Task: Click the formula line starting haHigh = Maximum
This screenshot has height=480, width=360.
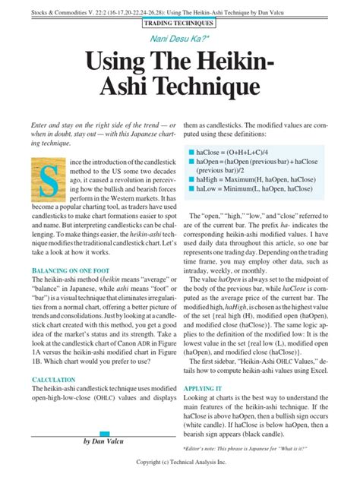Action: click(x=254, y=179)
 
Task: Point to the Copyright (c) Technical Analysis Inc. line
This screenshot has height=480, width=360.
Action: click(x=181, y=463)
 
